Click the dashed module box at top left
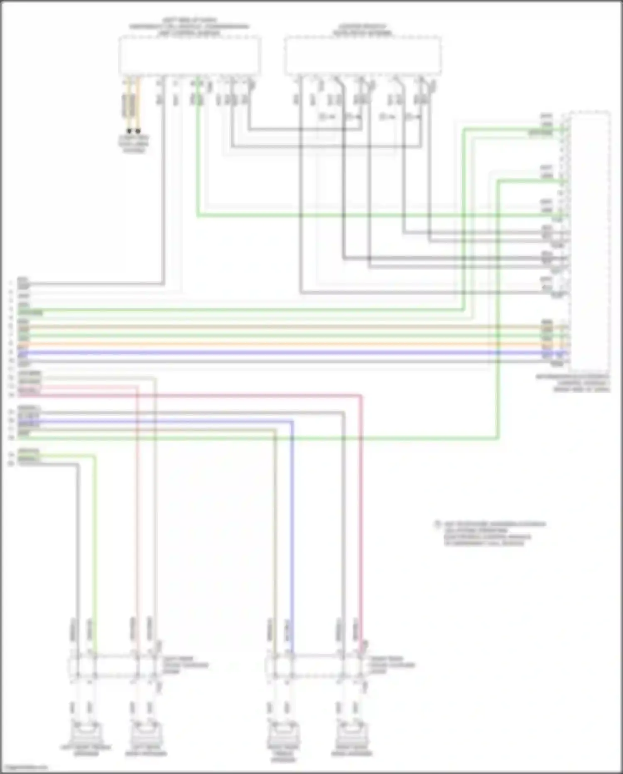click(x=189, y=56)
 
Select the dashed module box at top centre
click(x=362, y=56)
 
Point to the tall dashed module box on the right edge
click(x=590, y=241)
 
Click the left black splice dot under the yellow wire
click(x=129, y=131)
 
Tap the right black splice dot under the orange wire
click(x=138, y=131)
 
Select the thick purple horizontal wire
click(x=291, y=353)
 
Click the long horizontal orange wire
click(x=291, y=344)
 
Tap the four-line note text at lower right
click(x=494, y=534)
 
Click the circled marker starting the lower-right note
click(x=437, y=524)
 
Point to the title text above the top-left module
click(x=189, y=26)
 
